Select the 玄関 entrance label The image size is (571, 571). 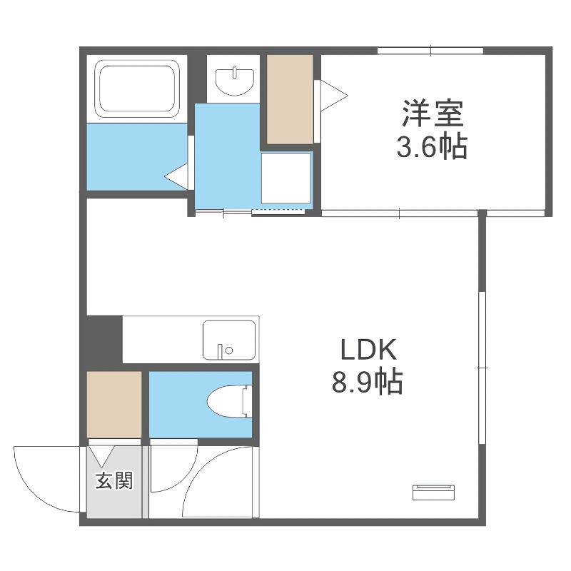[x=114, y=481]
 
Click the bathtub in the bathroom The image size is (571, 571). [x=137, y=88]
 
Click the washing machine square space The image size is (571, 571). [x=286, y=178]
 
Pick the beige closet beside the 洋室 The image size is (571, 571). [x=290, y=98]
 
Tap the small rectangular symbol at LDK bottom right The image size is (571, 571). [x=433, y=491]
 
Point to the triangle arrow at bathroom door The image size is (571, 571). [x=176, y=175]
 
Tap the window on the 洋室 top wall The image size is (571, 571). [x=430, y=50]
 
